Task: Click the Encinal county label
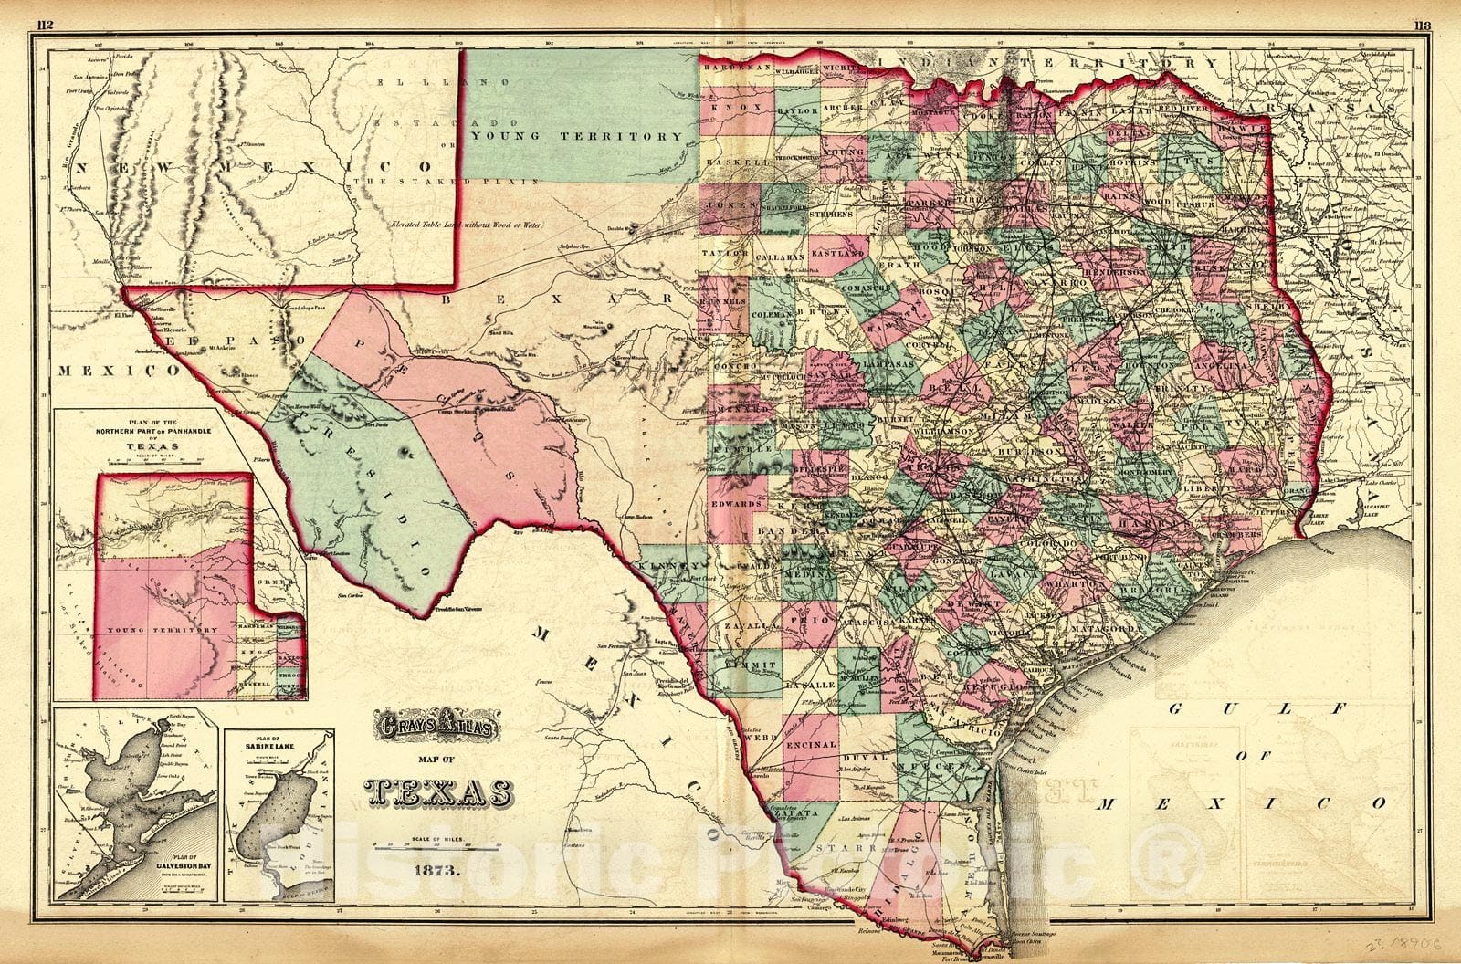(810, 744)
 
